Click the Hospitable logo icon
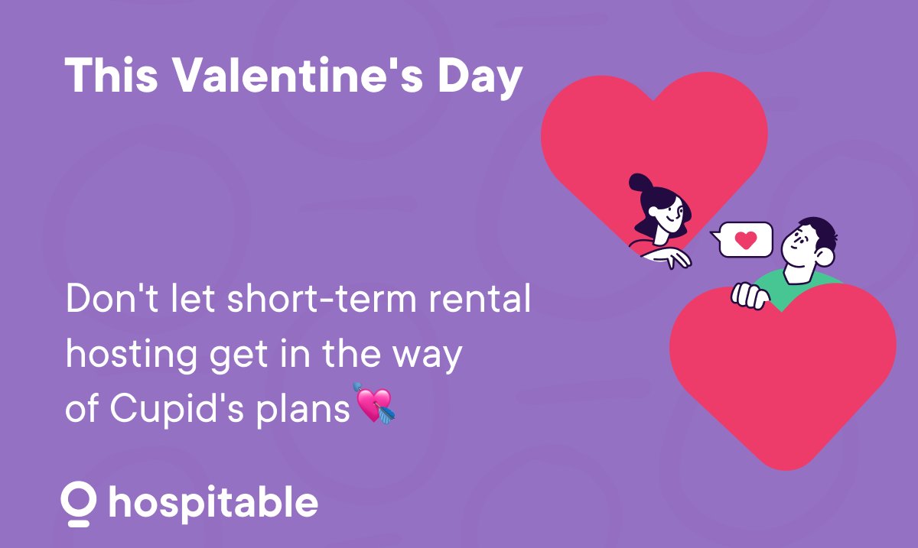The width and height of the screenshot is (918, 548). [x=80, y=503]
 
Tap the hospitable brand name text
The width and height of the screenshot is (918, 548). [x=213, y=503]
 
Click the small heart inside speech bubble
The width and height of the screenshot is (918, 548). [x=745, y=239]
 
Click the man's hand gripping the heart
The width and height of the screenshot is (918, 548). [x=748, y=294]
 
